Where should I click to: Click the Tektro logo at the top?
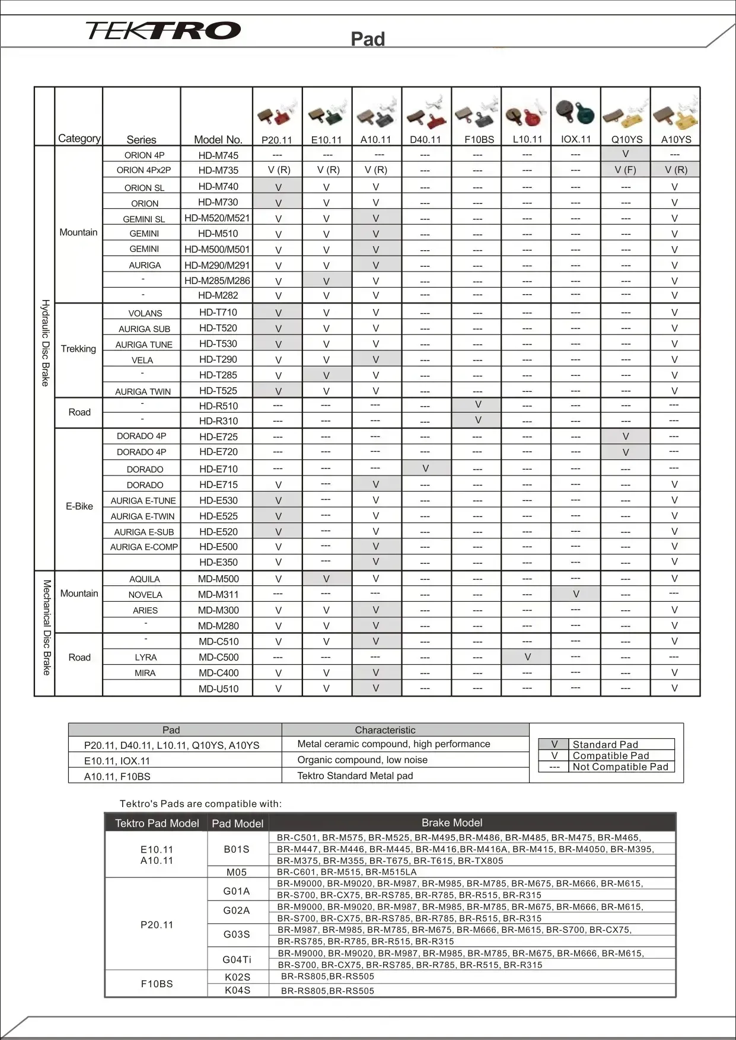[x=163, y=30]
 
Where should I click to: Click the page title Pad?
[x=368, y=39]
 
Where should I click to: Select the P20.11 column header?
[x=277, y=140]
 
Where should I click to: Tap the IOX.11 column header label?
[x=576, y=140]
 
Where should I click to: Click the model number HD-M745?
[x=218, y=155]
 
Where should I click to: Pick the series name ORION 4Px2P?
[x=144, y=170]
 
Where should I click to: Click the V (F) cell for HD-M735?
[x=625, y=170]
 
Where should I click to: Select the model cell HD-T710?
[x=218, y=312]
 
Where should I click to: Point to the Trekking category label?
[x=78, y=349]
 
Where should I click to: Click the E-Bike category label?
[x=79, y=506]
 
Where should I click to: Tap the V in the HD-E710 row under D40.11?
[x=426, y=468]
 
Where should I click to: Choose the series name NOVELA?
[x=145, y=595]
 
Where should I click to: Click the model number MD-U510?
[x=218, y=689]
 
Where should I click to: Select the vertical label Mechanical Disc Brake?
[x=46, y=627]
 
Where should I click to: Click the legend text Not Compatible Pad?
[x=620, y=767]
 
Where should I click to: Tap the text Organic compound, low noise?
[x=362, y=760]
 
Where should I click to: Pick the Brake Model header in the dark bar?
[x=452, y=823]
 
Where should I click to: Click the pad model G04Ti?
[x=237, y=959]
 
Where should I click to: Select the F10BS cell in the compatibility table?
[x=157, y=984]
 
